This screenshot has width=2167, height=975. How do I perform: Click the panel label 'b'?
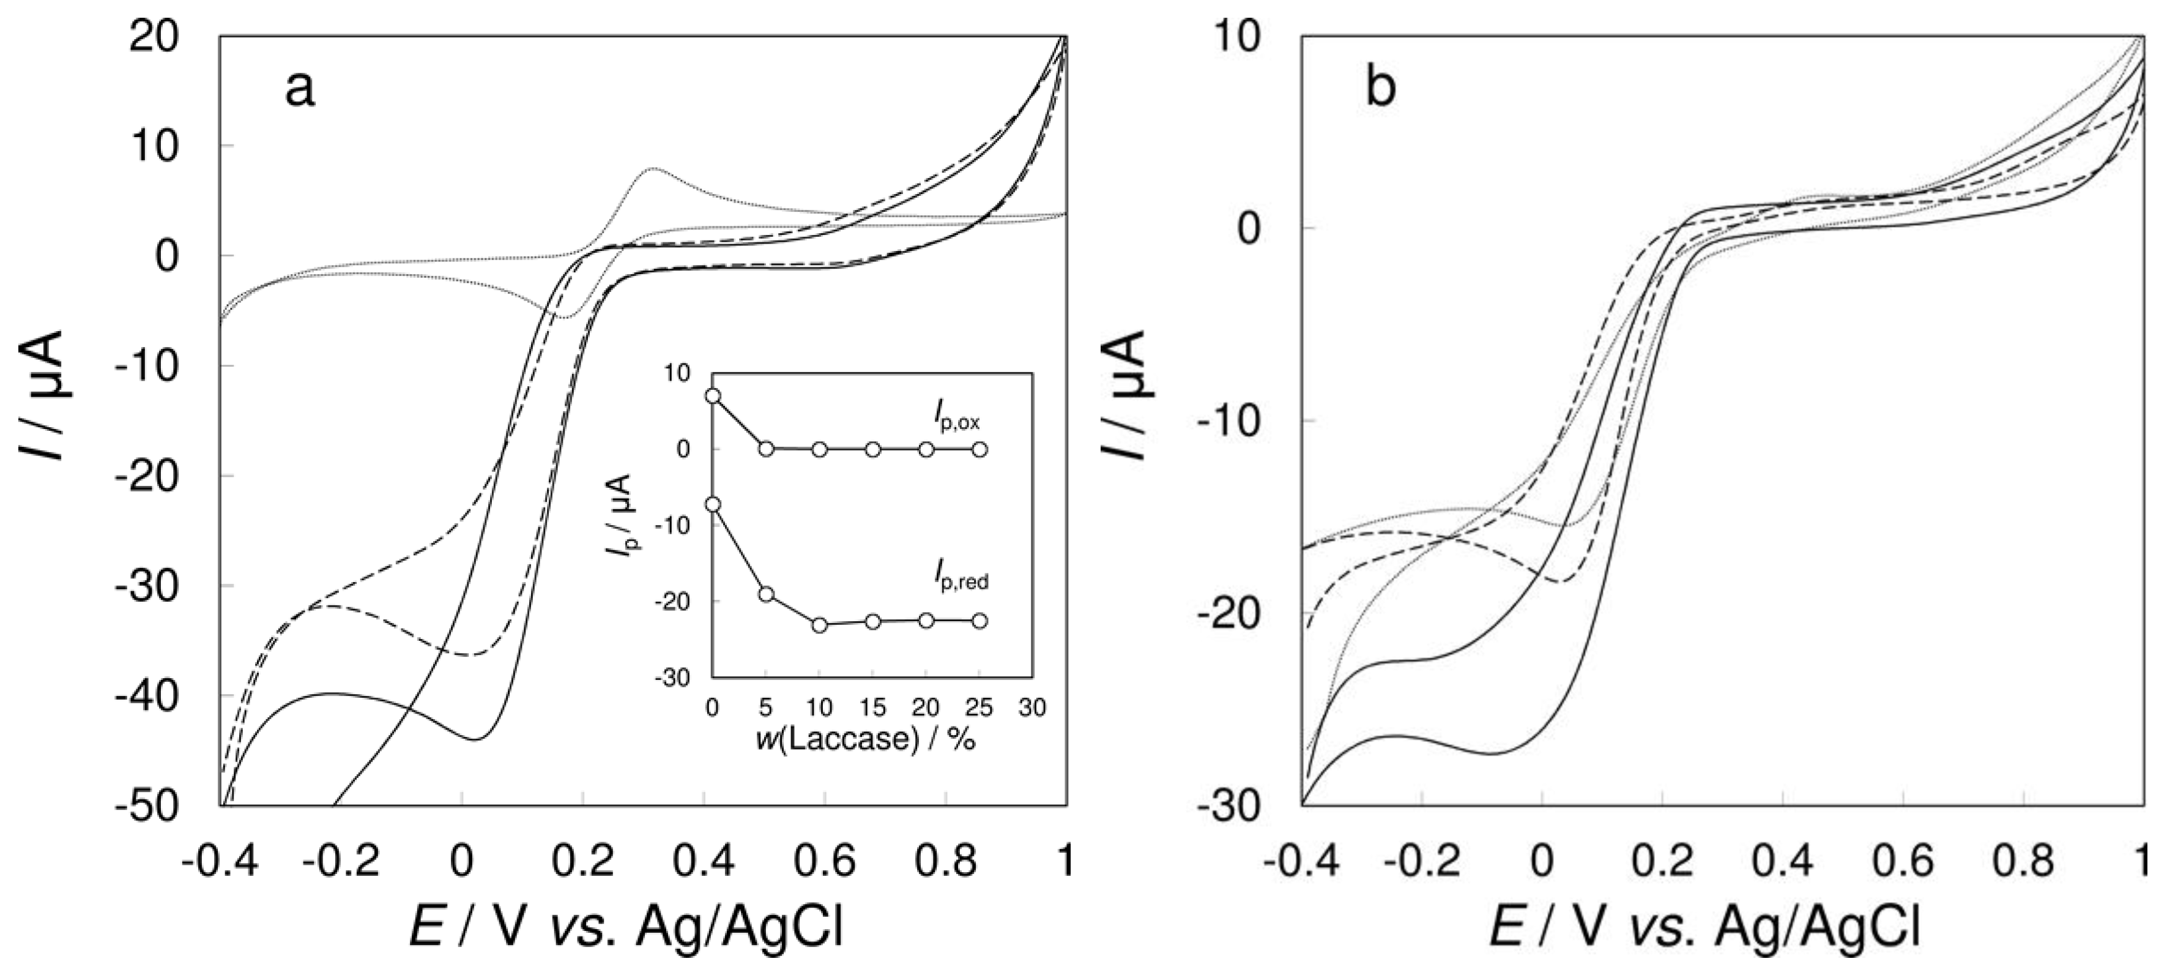click(x=1380, y=88)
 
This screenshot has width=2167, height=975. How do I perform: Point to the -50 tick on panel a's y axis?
click(x=155, y=806)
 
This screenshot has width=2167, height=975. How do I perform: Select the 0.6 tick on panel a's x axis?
click(x=825, y=861)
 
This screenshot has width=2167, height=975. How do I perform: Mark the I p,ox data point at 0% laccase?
click(x=713, y=395)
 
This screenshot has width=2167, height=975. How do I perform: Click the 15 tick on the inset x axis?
click(x=873, y=708)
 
